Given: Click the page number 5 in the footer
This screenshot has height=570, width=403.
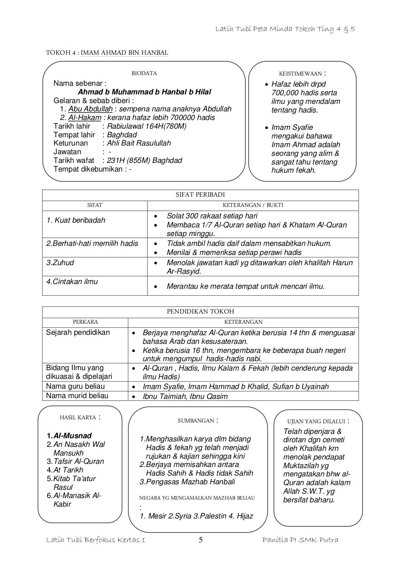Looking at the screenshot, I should click(200, 540).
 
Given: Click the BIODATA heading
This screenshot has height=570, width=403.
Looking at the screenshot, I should click(144, 73).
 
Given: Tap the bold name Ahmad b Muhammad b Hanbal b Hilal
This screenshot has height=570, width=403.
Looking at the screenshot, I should click(144, 92).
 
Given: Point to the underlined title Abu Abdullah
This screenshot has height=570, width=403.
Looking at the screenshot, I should click(90, 109).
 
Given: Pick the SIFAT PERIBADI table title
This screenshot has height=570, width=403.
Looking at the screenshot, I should click(200, 195).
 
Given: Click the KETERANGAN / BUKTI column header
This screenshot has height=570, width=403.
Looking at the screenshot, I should click(253, 205).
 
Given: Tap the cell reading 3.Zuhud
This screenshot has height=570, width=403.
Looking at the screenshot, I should click(60, 263).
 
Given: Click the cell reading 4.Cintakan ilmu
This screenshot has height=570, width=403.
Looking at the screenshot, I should click(72, 282).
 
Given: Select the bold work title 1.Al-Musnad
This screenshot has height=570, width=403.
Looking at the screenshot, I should click(69, 436).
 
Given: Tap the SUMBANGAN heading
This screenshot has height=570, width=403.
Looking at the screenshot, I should click(196, 421).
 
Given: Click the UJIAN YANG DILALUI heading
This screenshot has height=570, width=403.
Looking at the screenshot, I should click(316, 422).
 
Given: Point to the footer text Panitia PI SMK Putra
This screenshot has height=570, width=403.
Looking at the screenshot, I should click(300, 540).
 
